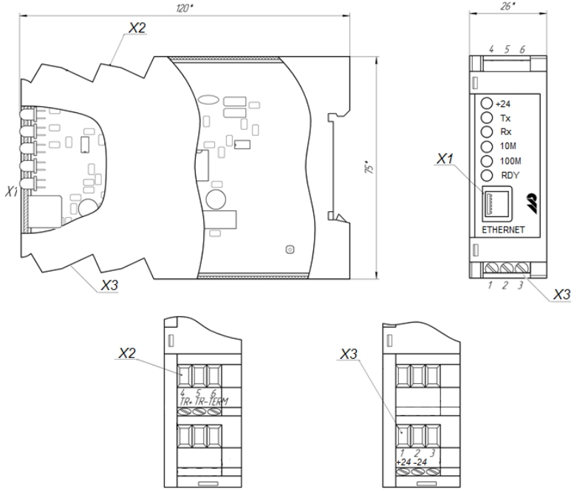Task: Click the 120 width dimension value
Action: pos(185,8)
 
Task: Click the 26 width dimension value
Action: pos(508,6)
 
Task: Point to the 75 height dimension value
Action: pos(369,168)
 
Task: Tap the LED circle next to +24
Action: pos(486,103)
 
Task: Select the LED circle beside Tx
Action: pos(486,117)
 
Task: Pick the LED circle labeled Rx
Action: pos(486,131)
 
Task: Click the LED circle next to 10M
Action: pos(486,146)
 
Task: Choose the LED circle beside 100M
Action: pos(486,161)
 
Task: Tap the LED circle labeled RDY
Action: pos(486,176)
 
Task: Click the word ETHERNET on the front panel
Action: pos(503,230)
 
